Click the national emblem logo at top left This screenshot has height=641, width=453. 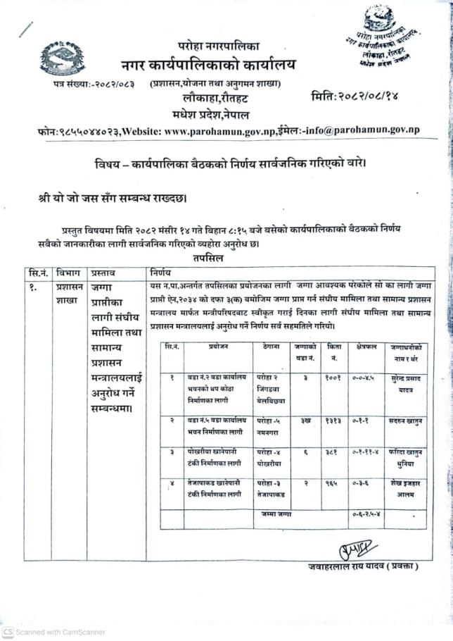63,58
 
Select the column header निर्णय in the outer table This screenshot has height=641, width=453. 161,272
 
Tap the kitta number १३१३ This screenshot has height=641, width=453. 333,419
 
